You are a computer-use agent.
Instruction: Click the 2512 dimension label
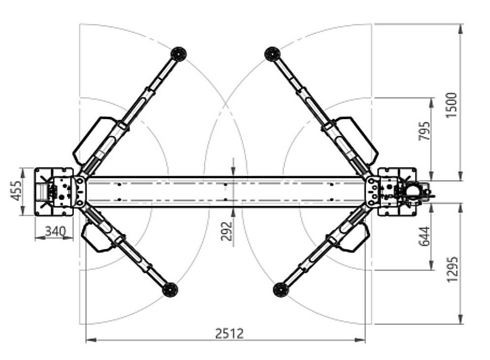coord(229,333)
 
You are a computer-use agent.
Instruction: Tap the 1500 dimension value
coord(451,105)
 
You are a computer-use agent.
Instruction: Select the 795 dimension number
coord(424,131)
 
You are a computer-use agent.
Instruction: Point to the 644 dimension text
coord(424,236)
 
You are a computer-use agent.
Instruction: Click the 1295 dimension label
coord(452,269)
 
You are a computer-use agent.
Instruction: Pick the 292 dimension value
coord(227,231)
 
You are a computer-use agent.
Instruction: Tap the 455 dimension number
coord(16,191)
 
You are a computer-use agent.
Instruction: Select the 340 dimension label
coord(56,231)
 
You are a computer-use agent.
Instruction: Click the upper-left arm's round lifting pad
coord(178,54)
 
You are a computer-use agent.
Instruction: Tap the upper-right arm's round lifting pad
coord(272,54)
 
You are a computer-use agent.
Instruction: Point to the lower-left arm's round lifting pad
coord(170,290)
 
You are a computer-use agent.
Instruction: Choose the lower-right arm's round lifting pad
coord(280,290)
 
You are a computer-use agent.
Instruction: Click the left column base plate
coord(54,192)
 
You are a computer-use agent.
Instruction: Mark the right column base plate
coord(397,192)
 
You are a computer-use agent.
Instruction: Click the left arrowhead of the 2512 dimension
coord(90,340)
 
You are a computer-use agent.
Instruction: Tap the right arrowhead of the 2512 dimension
coord(360,340)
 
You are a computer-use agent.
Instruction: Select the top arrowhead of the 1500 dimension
coord(460,29)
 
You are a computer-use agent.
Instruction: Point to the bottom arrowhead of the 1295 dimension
coord(460,319)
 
